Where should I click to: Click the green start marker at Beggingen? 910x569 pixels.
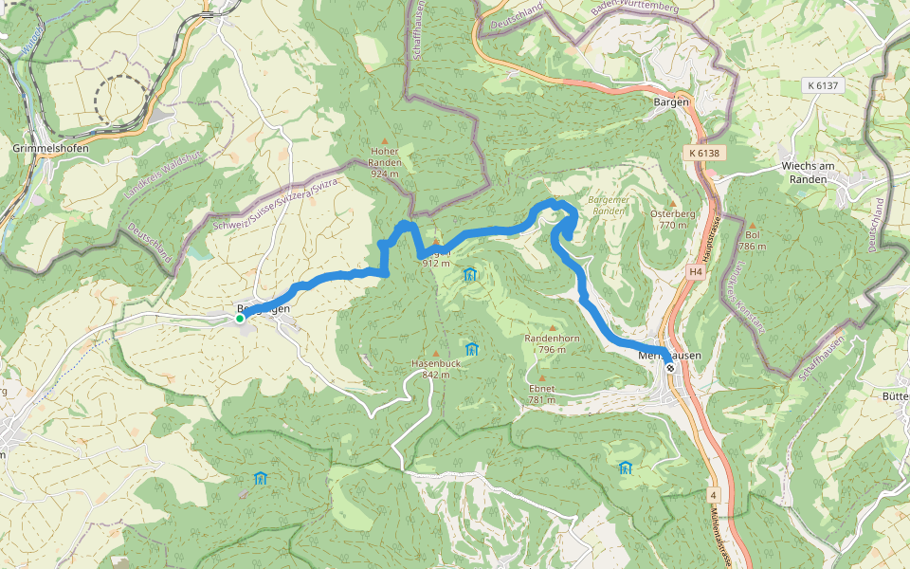point(240,319)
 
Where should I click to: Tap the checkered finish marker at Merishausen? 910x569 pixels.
point(670,367)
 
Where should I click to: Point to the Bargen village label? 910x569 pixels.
point(671,101)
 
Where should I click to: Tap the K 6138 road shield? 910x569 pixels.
point(704,153)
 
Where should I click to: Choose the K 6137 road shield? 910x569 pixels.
point(825,85)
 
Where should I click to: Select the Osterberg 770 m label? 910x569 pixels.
point(673,219)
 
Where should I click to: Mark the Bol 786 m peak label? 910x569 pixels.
point(753,240)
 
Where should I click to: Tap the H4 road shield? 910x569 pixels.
point(696,272)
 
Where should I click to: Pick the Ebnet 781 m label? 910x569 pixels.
point(541,394)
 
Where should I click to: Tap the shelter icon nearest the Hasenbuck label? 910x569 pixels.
point(472,349)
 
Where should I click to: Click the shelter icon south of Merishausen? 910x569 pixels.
point(625,468)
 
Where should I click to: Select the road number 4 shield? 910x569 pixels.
point(712,494)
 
